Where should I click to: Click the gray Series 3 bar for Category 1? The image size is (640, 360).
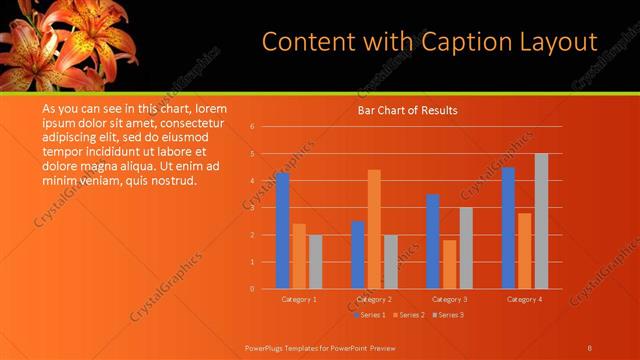coord(316,261)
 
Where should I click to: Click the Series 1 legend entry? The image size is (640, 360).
coord(372,315)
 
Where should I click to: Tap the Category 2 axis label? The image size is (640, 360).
coord(374,299)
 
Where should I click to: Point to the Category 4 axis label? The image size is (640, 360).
coord(524,299)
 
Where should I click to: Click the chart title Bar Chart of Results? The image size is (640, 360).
coord(407,110)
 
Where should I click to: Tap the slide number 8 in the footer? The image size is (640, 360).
coord(589,347)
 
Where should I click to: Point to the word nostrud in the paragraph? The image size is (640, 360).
coord(175,181)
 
